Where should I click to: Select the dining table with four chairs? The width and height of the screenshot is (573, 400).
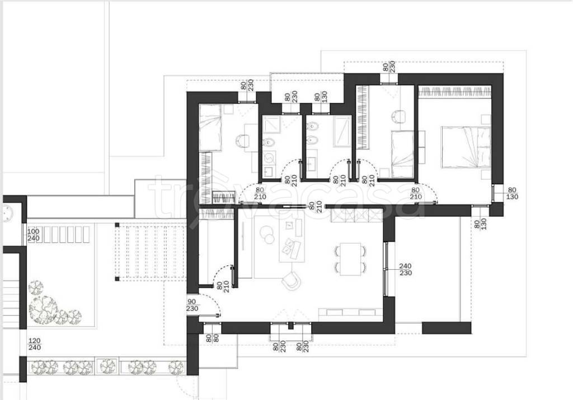point(350,259)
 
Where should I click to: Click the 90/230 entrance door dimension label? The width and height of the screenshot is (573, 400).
point(192,305)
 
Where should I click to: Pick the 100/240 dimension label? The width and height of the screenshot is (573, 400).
point(34,235)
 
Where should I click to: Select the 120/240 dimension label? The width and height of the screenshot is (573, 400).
point(35,344)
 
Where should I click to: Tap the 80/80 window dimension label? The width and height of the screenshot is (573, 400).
point(212,339)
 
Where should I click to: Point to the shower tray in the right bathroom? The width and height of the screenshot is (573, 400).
point(342,131)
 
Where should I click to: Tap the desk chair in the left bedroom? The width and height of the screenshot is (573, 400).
point(242,140)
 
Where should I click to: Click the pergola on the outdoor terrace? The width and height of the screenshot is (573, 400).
point(151,252)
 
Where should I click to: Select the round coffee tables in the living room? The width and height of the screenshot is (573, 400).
point(267,234)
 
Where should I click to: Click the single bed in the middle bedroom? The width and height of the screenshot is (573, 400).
point(402,154)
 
